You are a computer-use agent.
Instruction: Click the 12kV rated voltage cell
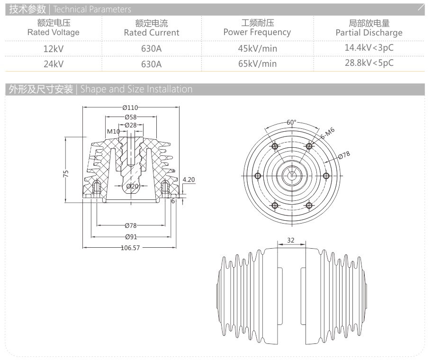(53, 48)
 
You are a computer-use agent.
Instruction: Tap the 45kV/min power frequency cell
(257, 48)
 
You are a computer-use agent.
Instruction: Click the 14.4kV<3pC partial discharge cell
(369, 47)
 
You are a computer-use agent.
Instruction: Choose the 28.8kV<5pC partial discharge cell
(369, 63)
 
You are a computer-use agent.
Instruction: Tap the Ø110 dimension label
(131, 108)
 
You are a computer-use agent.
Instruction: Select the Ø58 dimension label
(131, 117)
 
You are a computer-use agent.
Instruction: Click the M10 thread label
(113, 131)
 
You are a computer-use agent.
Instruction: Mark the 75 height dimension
(66, 174)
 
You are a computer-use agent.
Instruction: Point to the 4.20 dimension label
(189, 180)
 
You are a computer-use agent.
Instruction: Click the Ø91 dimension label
(131, 237)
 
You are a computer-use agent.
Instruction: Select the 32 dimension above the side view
(291, 241)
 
